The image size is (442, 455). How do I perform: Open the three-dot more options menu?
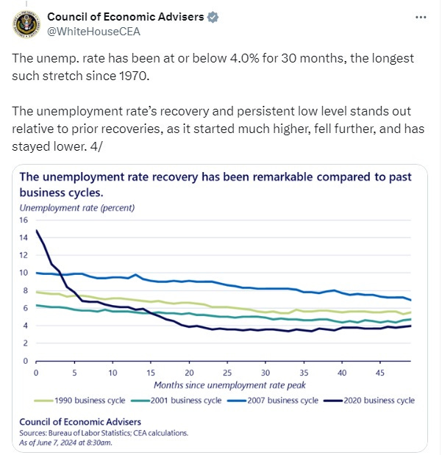(420, 16)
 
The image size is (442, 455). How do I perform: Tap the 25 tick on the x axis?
(227, 373)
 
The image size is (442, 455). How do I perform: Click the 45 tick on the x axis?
(381, 373)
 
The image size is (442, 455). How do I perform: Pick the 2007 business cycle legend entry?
(282, 401)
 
